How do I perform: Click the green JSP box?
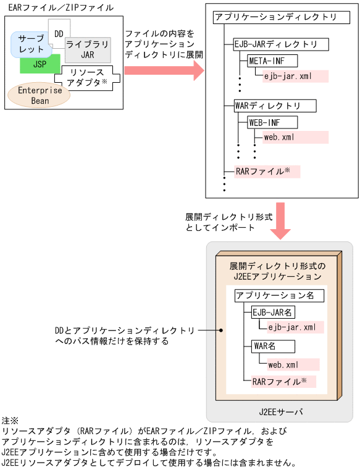40,64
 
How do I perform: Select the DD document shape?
59,32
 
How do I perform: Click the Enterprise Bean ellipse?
40,95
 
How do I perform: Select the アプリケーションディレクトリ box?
275,17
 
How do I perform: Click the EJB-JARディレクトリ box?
276,45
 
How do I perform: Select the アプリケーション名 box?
275,296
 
